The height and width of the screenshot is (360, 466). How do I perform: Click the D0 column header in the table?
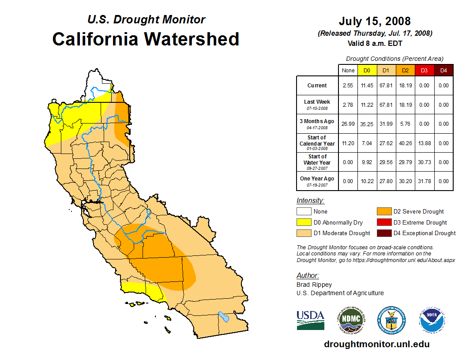click(x=367, y=70)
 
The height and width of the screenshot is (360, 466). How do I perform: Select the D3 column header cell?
click(x=424, y=70)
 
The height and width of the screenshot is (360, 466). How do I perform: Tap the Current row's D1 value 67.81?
click(x=386, y=86)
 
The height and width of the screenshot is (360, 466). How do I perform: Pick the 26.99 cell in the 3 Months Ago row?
click(x=348, y=124)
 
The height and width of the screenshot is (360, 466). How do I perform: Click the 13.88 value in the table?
click(x=424, y=143)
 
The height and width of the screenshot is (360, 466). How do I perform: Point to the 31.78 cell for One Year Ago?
click(x=424, y=181)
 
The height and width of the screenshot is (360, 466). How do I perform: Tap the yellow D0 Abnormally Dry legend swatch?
click(x=304, y=222)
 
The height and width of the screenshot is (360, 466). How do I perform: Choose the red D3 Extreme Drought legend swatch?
click(x=384, y=222)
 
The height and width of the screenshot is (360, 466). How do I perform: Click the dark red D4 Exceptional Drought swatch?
click(x=384, y=233)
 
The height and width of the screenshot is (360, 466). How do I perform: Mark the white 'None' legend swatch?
click(x=304, y=211)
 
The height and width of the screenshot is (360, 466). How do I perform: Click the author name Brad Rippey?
click(x=314, y=285)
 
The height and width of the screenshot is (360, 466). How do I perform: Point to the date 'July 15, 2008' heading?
click(x=375, y=21)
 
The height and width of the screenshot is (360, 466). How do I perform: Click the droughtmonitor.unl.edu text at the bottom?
click(x=376, y=344)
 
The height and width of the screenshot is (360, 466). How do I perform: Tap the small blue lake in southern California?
click(x=224, y=317)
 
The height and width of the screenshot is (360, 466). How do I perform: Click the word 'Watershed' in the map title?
click(x=192, y=39)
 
